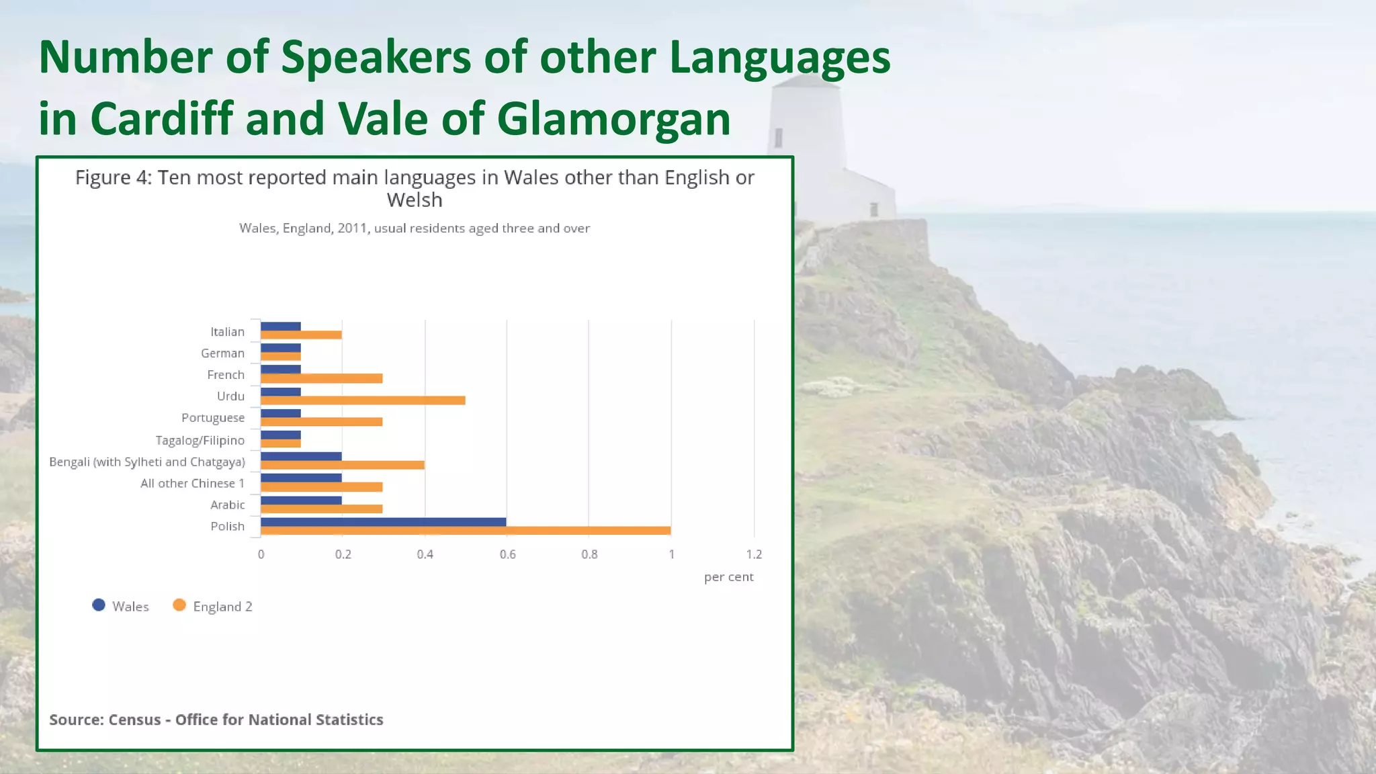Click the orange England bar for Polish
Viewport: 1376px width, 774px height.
[466, 531]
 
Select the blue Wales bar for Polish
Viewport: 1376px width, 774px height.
[383, 522]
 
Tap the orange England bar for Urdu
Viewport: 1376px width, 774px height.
[363, 400]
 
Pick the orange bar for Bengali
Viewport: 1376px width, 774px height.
[343, 465]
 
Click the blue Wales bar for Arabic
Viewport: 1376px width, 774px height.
[301, 501]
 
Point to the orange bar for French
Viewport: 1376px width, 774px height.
[321, 379]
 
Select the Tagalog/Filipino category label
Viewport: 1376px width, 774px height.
[200, 440]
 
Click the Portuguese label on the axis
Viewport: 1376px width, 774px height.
[212, 418]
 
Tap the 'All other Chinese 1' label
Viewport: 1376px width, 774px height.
[192, 483]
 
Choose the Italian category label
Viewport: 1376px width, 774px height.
[227, 332]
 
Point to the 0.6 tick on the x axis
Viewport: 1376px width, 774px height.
[507, 554]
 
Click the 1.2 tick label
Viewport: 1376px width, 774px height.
[754, 554]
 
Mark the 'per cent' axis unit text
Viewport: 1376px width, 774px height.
[728, 577]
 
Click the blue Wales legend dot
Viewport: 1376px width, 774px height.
[99, 605]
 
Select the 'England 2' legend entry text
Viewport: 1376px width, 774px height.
[222, 607]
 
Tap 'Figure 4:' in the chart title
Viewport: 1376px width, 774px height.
[114, 177]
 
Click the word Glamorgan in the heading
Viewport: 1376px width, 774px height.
[613, 119]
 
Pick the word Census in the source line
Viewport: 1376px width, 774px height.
[134, 720]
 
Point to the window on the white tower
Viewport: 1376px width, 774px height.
[778, 138]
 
